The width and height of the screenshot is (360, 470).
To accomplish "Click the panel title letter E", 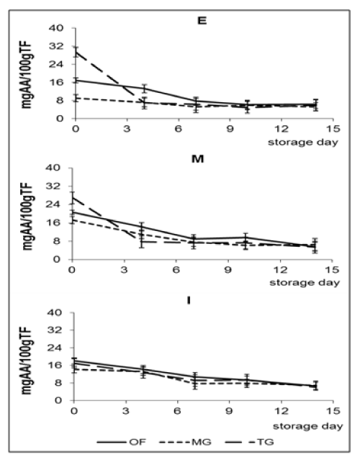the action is coord(202,21).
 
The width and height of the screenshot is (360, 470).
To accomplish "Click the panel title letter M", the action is coord(197,158).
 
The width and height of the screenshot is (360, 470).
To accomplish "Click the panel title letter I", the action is coord(189,300).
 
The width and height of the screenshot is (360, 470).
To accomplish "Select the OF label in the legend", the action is coord(138,442).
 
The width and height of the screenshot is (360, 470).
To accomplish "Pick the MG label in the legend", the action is coord(201,442).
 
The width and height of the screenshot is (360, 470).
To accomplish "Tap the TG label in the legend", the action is coord(266,442).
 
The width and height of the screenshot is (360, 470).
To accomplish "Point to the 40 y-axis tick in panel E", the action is coord(56,28).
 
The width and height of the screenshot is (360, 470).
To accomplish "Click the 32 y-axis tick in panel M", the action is coord(54,186).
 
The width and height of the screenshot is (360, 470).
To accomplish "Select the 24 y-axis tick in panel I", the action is coord(55,348).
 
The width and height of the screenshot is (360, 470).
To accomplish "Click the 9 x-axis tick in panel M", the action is coord(228,270).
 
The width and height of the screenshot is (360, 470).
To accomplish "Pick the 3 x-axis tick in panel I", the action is coord(126,411).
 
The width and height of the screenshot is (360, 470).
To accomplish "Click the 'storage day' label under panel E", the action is coord(302,142).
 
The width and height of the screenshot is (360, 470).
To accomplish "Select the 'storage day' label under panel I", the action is coord(308,426).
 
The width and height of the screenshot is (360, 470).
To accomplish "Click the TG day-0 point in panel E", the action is coord(76,52).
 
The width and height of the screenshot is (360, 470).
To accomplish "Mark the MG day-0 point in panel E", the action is coord(76,98).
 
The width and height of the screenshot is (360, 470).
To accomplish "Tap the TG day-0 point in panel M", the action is coord(73,197).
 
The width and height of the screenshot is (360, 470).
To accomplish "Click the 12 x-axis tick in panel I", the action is coord(282,411).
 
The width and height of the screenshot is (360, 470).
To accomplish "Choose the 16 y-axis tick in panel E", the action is coord(56,83).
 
